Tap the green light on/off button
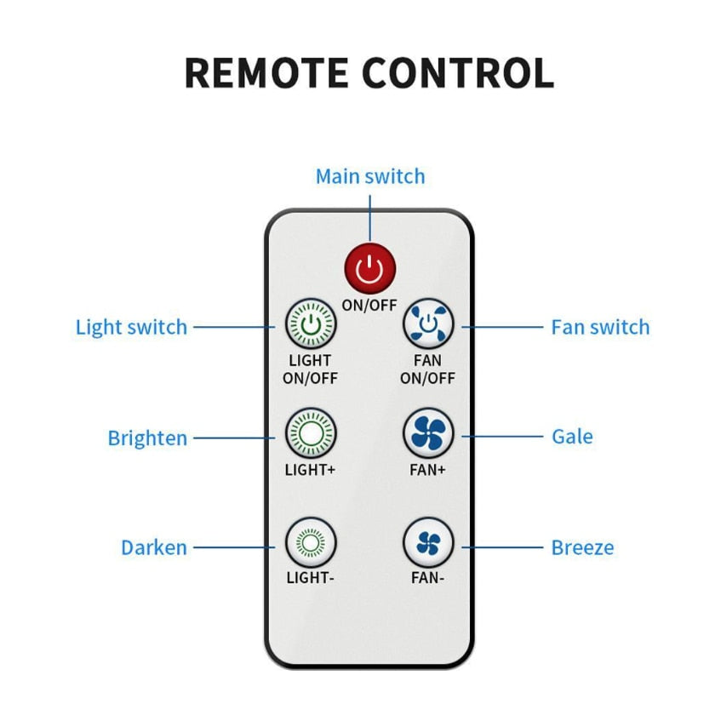pyautogui.click(x=311, y=324)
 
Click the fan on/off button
pyautogui.click(x=428, y=324)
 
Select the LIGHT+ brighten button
pyautogui.click(x=311, y=433)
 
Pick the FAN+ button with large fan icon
pyautogui.click(x=428, y=433)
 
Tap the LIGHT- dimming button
pyautogui.click(x=311, y=542)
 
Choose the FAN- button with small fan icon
pyautogui.click(x=428, y=542)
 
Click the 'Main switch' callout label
pyautogui.click(x=369, y=176)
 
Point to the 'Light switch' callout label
pyautogui.click(x=131, y=327)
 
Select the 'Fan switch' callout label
pyautogui.click(x=600, y=327)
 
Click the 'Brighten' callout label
pyautogui.click(x=147, y=438)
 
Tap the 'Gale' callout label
pyautogui.click(x=572, y=437)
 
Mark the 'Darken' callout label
pyautogui.click(x=153, y=547)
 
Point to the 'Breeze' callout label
pyautogui.click(x=582, y=547)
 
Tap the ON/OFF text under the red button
pyautogui.click(x=369, y=304)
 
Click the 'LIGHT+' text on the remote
pyautogui.click(x=311, y=469)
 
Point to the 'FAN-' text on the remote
pyautogui.click(x=428, y=577)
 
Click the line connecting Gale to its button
pyautogui.click(x=502, y=437)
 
